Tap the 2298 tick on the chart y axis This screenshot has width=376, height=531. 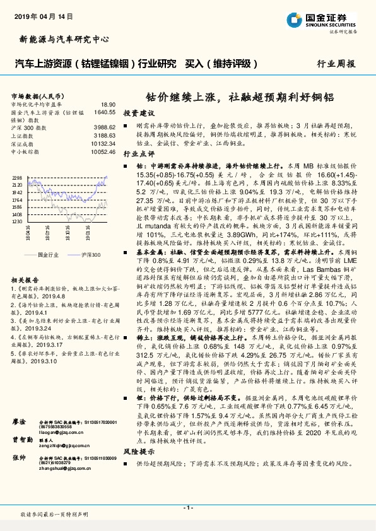(x=17, y=178)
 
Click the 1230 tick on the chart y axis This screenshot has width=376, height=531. (x=17, y=221)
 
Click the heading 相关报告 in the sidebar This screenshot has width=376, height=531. (x=25, y=280)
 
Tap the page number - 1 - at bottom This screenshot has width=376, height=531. (x=187, y=508)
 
